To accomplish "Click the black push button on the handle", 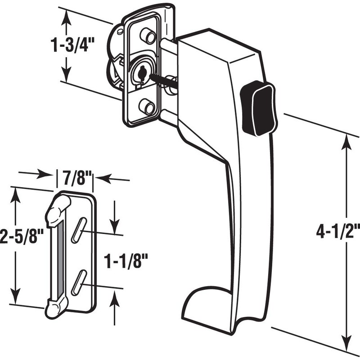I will coord(258,108).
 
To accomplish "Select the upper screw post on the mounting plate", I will coord(146,35).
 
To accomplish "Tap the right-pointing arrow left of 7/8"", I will coord(45,174).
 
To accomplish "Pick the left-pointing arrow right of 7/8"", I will coord(102,178).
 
